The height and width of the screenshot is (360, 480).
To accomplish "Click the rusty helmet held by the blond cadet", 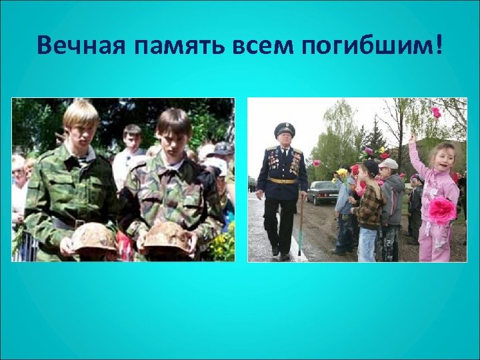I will [x=94, y=237].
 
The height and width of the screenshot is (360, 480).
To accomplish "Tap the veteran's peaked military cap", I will [x=285, y=129].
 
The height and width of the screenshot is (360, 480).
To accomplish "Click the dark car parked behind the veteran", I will [x=323, y=192].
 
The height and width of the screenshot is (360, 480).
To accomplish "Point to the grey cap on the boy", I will [x=388, y=163].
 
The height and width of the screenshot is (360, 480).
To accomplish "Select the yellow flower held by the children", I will [x=342, y=173].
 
